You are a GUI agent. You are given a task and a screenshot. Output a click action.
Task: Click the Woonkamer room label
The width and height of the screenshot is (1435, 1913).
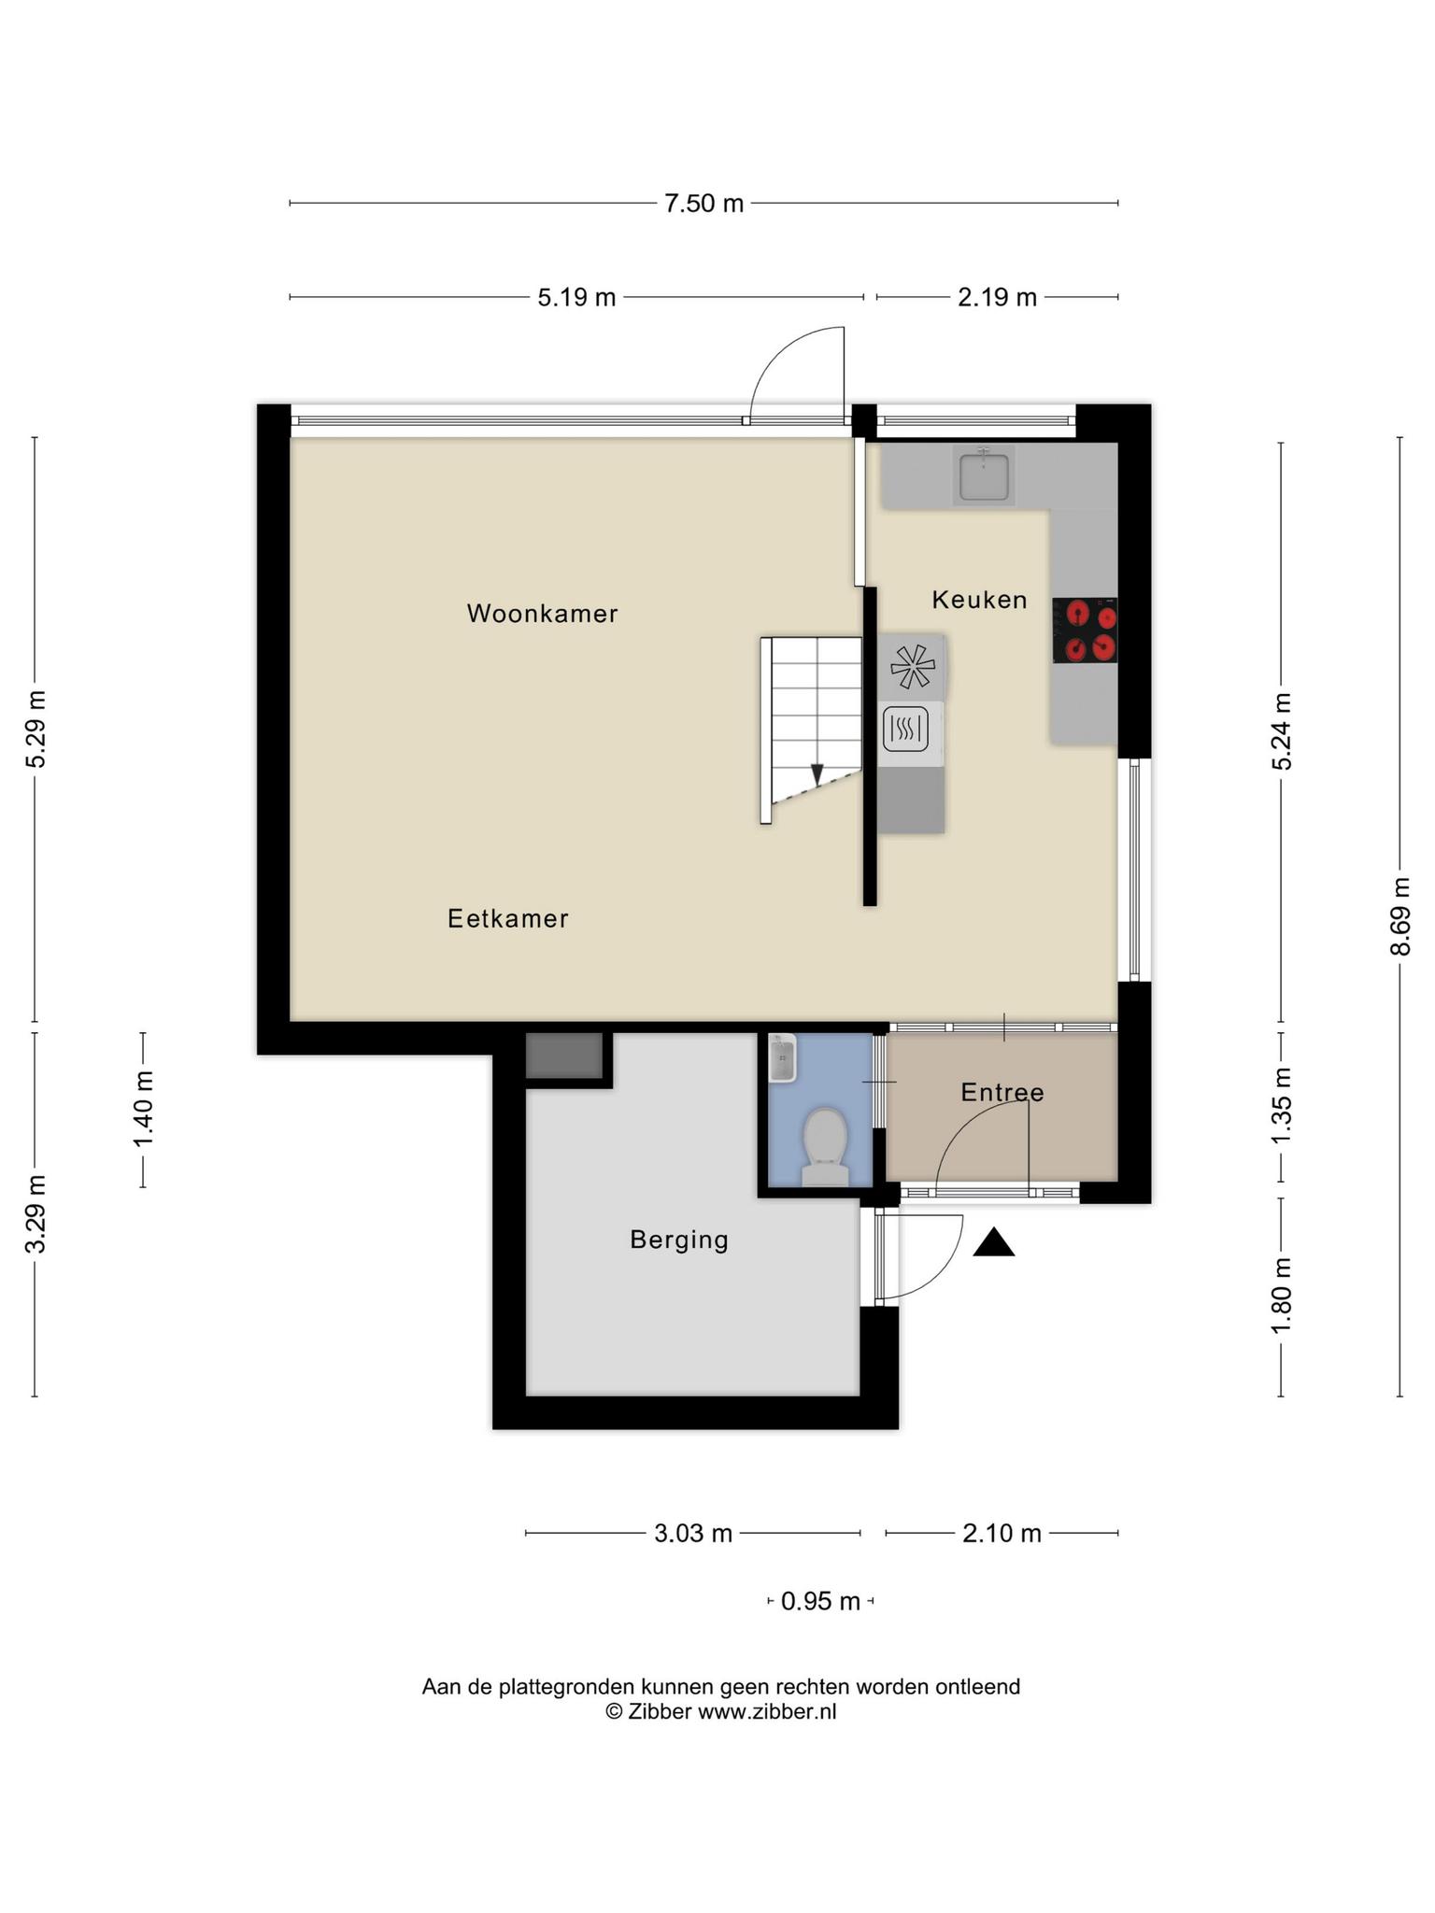[542, 614]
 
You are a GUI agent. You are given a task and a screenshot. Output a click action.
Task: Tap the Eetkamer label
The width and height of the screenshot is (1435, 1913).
[508, 919]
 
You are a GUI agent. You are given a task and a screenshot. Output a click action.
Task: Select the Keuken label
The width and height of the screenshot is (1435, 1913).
[979, 600]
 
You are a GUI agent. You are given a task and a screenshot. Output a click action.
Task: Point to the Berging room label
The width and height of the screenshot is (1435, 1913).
[679, 1240]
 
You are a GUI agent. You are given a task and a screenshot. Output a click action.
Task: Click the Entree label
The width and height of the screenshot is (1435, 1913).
[1002, 1092]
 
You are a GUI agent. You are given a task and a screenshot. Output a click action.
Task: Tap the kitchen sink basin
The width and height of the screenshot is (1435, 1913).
[984, 475]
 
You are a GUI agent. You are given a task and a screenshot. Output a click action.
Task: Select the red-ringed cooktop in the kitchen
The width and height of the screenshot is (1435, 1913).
[1086, 631]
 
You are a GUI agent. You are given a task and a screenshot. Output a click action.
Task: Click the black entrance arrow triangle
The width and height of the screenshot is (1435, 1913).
[994, 1242]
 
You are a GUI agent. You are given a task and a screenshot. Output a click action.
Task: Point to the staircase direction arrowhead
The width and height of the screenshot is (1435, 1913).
[817, 774]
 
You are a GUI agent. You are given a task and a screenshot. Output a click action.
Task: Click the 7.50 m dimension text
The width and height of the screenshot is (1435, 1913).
[703, 204]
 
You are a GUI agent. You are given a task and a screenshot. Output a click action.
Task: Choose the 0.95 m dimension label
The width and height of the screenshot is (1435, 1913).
[820, 1602]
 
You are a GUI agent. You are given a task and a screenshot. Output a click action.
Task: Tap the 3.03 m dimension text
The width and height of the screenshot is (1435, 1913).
[693, 1534]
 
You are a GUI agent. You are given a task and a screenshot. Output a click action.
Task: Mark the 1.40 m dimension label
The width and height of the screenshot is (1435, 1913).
[143, 1110]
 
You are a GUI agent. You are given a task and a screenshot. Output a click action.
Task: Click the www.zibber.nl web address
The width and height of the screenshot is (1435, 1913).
[767, 1712]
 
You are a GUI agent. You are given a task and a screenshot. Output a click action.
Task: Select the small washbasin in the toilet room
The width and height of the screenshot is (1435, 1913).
[782, 1058]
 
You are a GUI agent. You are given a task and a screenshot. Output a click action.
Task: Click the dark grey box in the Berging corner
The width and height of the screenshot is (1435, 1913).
[563, 1056]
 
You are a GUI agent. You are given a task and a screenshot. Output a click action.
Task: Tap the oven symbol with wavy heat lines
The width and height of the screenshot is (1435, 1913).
[905, 730]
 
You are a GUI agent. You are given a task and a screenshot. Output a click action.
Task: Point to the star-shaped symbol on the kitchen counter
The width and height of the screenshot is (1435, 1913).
[912, 667]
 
